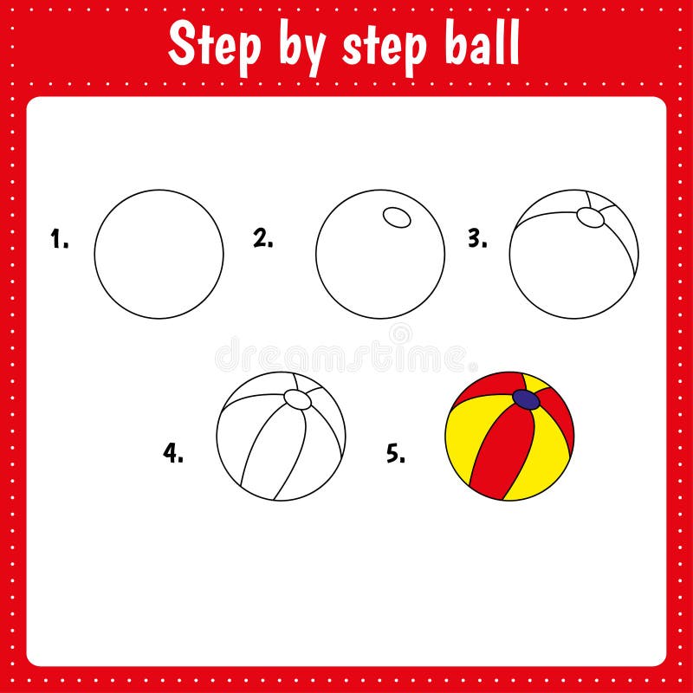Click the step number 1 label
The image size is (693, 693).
coord(59,240)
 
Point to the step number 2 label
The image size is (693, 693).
coord(262,238)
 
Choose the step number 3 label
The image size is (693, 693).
coord(477,239)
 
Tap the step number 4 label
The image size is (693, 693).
coord(173,452)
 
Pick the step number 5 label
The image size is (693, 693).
coord(395,452)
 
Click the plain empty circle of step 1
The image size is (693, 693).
coord(159,254)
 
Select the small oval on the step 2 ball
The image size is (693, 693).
coord(398,217)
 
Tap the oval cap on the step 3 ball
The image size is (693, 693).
coord(591,218)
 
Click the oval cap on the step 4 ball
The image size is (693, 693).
coord(297,399)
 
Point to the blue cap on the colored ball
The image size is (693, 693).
coord(526,399)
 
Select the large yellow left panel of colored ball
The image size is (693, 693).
coord(465,442)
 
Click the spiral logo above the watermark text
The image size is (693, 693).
coord(400,333)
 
